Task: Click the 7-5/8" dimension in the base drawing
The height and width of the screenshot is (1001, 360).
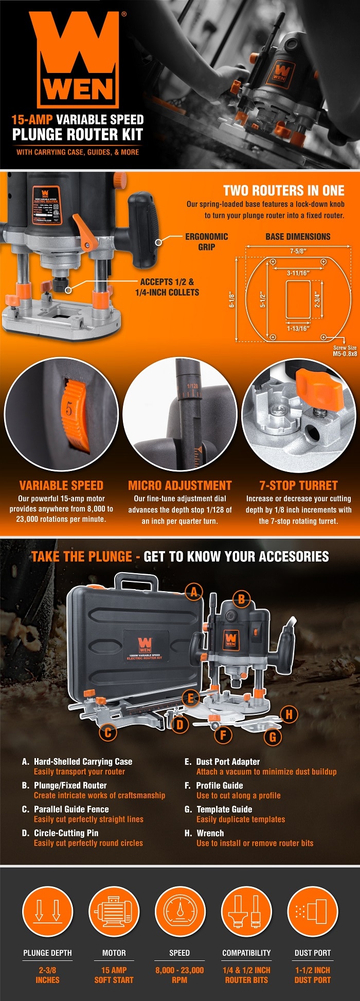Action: pyautogui.click(x=298, y=251)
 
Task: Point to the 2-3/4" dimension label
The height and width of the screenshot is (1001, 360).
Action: pyautogui.click(x=317, y=299)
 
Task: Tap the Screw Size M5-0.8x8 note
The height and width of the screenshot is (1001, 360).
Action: pyautogui.click(x=345, y=351)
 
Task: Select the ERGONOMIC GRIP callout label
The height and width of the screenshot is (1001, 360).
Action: pyautogui.click(x=206, y=242)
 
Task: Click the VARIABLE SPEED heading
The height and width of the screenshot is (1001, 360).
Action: pyautogui.click(x=61, y=485)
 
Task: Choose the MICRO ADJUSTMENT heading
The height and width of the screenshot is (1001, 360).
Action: pyautogui.click(x=179, y=485)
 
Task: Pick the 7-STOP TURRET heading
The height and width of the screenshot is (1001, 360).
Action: pyautogui.click(x=298, y=485)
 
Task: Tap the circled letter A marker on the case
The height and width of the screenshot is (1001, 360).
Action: pyautogui.click(x=194, y=592)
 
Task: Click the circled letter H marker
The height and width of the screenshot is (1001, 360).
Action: pyautogui.click(x=289, y=714)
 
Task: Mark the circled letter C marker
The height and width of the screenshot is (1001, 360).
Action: pyautogui.click(x=108, y=732)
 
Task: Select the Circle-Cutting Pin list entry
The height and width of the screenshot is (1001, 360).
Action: pyautogui.click(x=66, y=833)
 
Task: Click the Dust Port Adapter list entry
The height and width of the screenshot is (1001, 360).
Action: pyautogui.click(x=228, y=762)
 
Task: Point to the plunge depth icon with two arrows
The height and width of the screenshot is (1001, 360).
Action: pyautogui.click(x=47, y=911)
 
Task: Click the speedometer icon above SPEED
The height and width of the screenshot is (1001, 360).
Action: pyautogui.click(x=179, y=911)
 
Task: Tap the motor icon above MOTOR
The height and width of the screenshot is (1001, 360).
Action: pyautogui.click(x=114, y=911)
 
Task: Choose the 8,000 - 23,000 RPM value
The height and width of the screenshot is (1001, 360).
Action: pyautogui.click(x=179, y=975)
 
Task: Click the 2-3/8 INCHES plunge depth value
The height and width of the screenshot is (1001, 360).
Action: pyautogui.click(x=47, y=975)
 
